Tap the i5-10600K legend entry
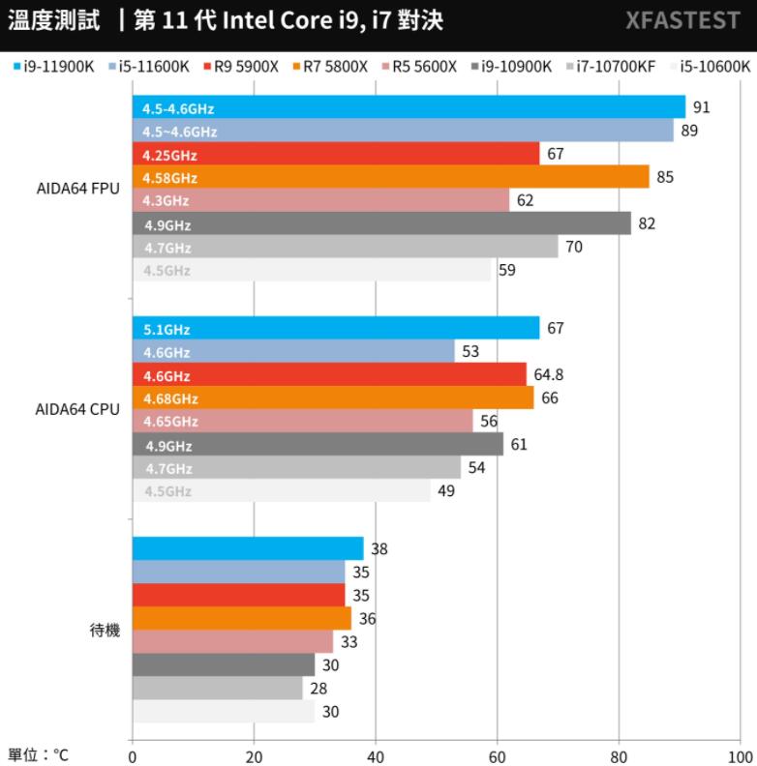point(714,66)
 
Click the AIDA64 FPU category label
point(77,189)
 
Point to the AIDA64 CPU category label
point(77,409)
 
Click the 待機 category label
point(105,631)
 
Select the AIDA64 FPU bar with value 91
point(408,107)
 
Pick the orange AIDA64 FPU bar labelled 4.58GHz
point(390,177)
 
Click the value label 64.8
point(548,374)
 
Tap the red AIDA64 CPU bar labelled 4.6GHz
point(329,374)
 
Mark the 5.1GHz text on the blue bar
point(167,329)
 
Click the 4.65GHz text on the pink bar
point(170,422)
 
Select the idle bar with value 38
point(247,548)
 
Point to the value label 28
point(318,689)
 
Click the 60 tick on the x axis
point(497,755)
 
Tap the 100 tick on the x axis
point(740,755)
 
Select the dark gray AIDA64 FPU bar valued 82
point(380,224)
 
